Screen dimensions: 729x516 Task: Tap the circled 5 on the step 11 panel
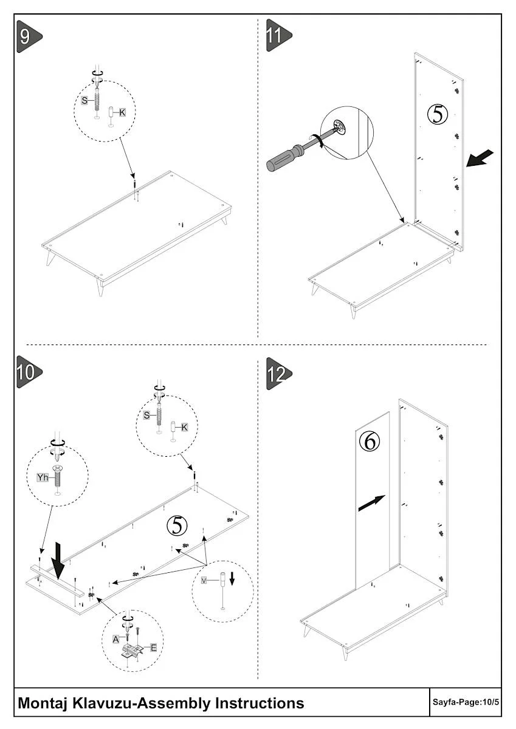[438, 114]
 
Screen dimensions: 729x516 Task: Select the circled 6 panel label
[369, 440]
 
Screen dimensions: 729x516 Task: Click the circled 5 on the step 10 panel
[177, 525]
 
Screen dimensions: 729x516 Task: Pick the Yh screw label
[42, 477]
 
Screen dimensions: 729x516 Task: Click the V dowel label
[204, 581]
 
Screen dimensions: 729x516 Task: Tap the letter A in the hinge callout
[115, 638]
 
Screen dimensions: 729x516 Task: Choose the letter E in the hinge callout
[153, 648]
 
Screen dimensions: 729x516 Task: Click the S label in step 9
[84, 101]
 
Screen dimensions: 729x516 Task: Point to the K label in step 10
[184, 428]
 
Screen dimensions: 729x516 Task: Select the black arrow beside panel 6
[371, 502]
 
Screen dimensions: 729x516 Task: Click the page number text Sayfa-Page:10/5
[466, 703]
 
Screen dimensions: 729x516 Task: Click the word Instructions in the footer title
[260, 703]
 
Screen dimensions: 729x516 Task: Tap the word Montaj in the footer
[43, 703]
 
